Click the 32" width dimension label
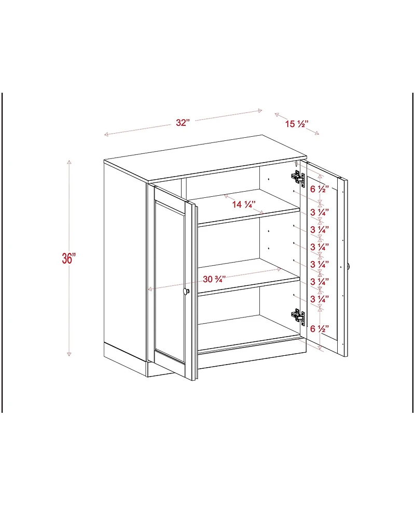click(x=183, y=123)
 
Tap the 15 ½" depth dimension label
click(x=297, y=124)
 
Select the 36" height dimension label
click(x=69, y=258)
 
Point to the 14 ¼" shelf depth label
click(x=243, y=204)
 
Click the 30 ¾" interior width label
click(x=214, y=279)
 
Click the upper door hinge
click(x=297, y=178)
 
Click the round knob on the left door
click(x=186, y=292)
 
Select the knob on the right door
click(x=349, y=266)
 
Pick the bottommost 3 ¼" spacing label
click(x=319, y=299)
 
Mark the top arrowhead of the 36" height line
click(x=69, y=162)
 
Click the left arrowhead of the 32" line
click(x=106, y=135)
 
